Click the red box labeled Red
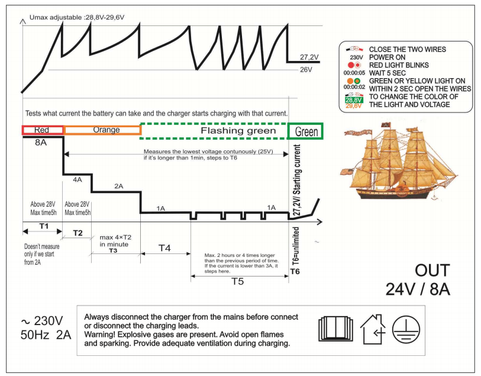point(43,130)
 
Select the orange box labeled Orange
point(102,130)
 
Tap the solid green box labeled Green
point(306,131)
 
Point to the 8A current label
point(40,142)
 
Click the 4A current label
point(78,179)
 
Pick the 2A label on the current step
point(118,186)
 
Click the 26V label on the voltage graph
point(306,70)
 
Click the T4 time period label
point(166,248)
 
